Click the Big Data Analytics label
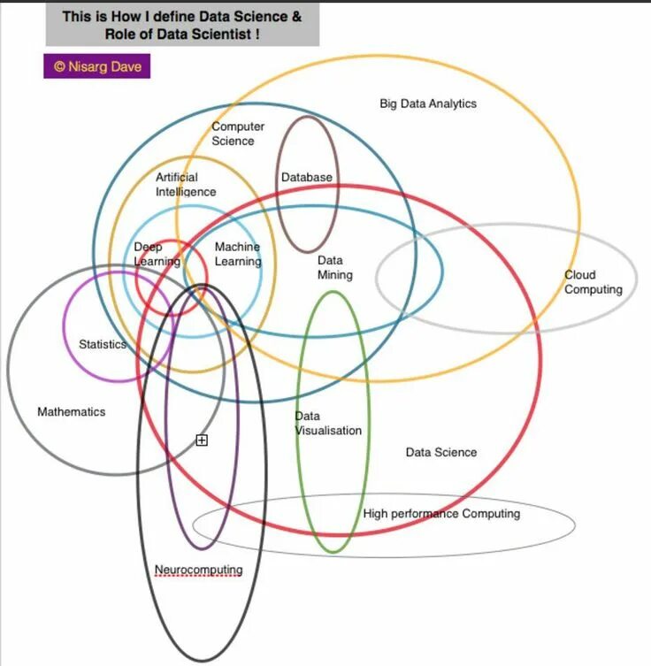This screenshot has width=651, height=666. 428,103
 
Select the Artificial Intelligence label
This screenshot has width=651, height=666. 186,184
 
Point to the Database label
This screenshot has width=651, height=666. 307,177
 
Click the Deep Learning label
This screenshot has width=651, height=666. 156,254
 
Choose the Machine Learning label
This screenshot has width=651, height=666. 238,254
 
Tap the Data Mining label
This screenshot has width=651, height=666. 334,267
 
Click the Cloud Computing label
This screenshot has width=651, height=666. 594,282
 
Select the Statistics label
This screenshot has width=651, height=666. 103,344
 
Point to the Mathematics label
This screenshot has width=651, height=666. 71,411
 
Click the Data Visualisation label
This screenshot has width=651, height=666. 328,423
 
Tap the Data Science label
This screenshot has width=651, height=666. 440,452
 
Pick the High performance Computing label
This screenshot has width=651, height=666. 441,513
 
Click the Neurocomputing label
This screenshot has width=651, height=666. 198,570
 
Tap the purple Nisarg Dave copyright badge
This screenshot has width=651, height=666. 96,66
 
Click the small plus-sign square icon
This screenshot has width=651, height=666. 202,440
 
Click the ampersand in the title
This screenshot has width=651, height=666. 297,16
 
